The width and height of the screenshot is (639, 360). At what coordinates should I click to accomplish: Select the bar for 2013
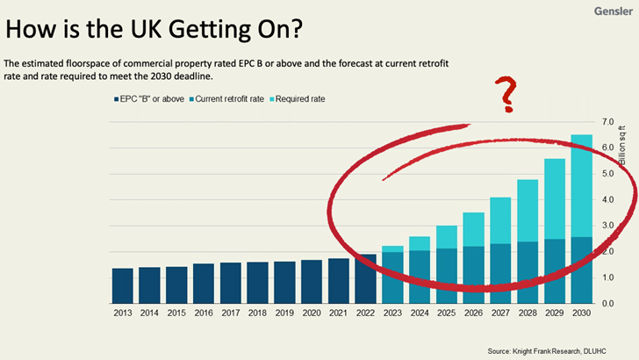pos(123,285)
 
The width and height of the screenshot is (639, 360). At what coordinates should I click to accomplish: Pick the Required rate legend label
pos(300,99)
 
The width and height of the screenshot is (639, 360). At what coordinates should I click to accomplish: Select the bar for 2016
pos(204,283)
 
